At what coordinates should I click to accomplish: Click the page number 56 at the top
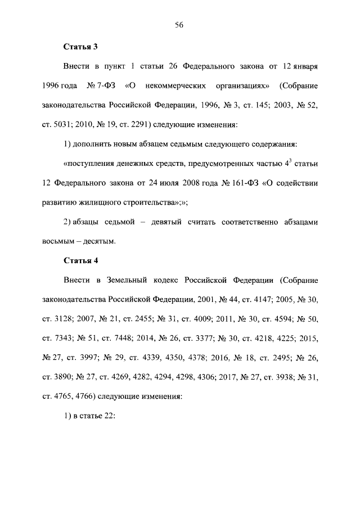[179, 25]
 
